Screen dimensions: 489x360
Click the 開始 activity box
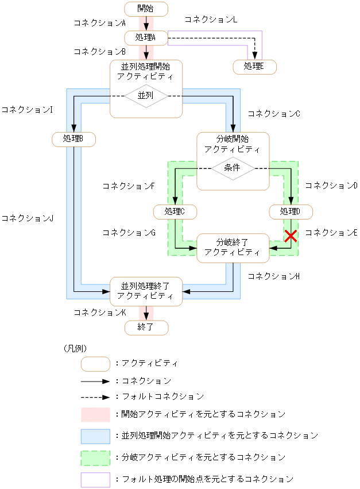pos(146,9)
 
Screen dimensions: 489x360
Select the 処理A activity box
pos(146,38)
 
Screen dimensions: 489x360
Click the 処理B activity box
pos(73,139)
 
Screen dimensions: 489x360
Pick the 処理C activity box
pos(175,211)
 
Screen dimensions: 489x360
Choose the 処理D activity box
pos(291,211)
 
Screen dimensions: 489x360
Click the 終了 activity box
pos(146,328)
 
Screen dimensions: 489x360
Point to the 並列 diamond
pos(146,95)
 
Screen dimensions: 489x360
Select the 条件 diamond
pos(233,168)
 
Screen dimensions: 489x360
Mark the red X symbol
pos(291,236)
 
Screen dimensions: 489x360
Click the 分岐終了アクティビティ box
pos(233,248)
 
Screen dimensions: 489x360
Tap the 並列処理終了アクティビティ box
pos(146,291)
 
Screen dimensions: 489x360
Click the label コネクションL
pos(211,19)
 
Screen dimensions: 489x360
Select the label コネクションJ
pos(27,218)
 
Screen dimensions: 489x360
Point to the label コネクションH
pos(274,276)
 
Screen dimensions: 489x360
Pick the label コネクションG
pos(129,233)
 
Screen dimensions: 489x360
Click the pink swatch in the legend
pos(95,414)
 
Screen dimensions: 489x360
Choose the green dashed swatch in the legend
pos(95,457)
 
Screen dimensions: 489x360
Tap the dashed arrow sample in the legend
pos(95,396)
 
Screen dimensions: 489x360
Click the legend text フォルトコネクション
pos(162,396)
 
